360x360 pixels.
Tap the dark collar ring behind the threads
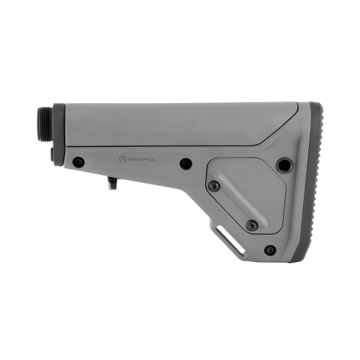tap(59, 135)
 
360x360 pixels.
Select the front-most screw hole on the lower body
tap(78, 162)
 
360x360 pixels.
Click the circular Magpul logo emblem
tap(122, 160)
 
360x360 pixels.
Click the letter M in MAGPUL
tap(130, 160)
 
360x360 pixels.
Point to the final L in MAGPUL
tap(155, 160)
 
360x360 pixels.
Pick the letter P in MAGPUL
tap(145, 160)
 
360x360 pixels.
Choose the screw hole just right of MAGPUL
tap(186, 164)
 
